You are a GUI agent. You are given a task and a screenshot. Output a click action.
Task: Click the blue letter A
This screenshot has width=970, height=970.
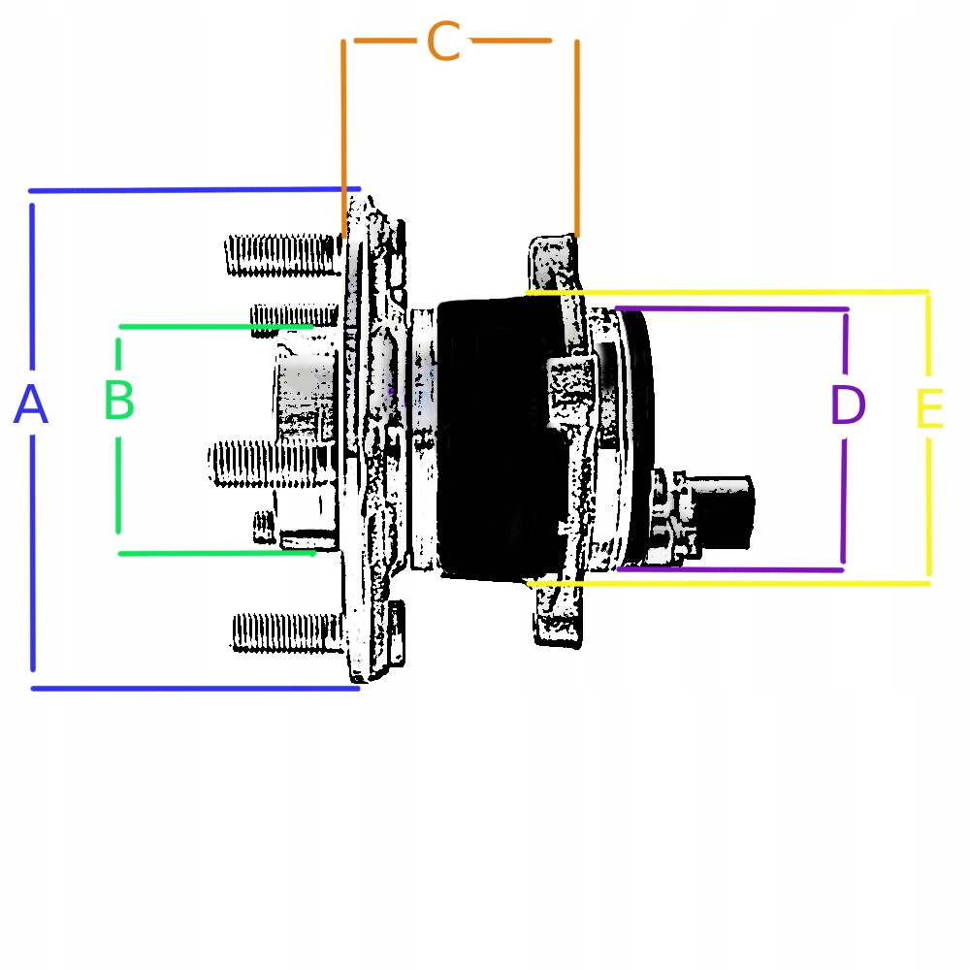click(x=31, y=405)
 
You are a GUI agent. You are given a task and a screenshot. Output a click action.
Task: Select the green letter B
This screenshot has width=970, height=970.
click(x=118, y=401)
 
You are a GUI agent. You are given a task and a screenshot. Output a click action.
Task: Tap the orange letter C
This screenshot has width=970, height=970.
click(x=443, y=43)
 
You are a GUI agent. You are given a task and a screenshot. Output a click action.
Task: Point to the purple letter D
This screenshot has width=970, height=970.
click(x=847, y=405)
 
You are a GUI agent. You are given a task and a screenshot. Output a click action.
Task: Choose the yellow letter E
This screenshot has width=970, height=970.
click(x=928, y=409)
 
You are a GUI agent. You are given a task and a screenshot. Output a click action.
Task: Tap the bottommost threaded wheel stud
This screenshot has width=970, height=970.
click(x=286, y=631)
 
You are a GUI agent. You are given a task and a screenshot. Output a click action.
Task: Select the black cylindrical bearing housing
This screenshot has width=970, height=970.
click(x=490, y=441)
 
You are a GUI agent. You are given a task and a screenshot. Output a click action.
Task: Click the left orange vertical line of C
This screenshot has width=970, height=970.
click(x=343, y=136)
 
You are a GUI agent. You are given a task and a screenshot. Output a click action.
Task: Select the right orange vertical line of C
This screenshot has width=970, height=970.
click(x=577, y=136)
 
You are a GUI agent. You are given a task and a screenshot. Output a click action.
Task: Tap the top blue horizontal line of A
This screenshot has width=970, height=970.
click(x=194, y=190)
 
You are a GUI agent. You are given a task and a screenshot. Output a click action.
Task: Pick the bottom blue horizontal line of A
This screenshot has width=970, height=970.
click(x=194, y=689)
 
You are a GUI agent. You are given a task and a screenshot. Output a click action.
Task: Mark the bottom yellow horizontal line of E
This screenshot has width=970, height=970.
click(x=727, y=584)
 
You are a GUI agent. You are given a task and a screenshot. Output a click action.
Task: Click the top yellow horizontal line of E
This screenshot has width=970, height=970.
click(x=727, y=291)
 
